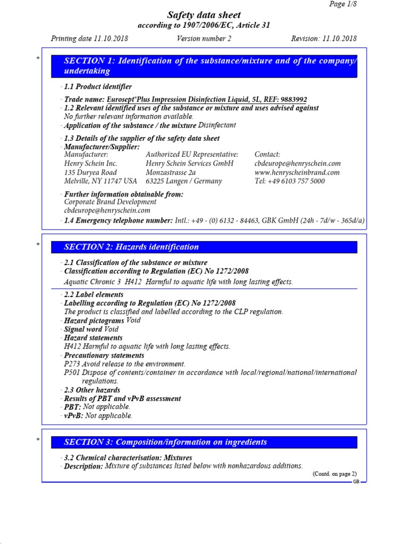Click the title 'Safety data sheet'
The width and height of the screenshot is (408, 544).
coord(205,15)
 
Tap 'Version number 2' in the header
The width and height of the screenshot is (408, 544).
coord(204,39)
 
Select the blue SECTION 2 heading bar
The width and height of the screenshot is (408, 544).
coord(204,246)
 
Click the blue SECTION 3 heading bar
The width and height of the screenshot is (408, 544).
coord(204,442)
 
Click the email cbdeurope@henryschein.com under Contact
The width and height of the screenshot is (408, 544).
coord(297,164)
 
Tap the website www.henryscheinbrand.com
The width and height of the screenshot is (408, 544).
coord(297,173)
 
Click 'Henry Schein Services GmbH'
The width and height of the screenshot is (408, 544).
coord(189,164)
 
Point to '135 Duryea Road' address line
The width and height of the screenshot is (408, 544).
coord(90,173)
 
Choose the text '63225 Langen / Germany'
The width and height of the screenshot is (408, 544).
coord(184,181)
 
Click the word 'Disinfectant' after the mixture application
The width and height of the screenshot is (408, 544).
coord(217,125)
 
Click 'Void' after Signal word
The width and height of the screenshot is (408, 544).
coord(111,329)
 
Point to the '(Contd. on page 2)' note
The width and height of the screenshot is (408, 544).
coord(335,474)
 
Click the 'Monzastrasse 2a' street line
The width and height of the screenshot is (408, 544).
coord(171,173)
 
